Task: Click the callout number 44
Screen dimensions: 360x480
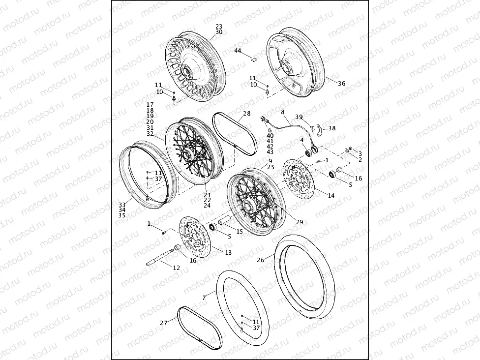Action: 238,51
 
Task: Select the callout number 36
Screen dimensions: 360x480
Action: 341,84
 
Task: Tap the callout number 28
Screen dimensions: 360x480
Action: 247,114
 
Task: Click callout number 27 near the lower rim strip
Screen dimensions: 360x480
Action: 164,323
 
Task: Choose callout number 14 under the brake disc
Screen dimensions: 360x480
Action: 331,195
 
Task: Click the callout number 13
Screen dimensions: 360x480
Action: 228,252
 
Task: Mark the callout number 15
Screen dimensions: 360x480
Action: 240,231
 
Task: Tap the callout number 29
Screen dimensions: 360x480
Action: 300,222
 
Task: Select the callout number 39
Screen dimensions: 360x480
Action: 299,117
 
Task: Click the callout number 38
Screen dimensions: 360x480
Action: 332,128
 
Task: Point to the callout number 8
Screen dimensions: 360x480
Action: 283,112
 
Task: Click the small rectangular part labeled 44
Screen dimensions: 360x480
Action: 254,58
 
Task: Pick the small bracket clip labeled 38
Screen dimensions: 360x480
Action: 319,129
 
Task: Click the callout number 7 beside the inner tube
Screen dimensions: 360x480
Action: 204,298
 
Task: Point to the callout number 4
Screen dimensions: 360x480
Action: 301,141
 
